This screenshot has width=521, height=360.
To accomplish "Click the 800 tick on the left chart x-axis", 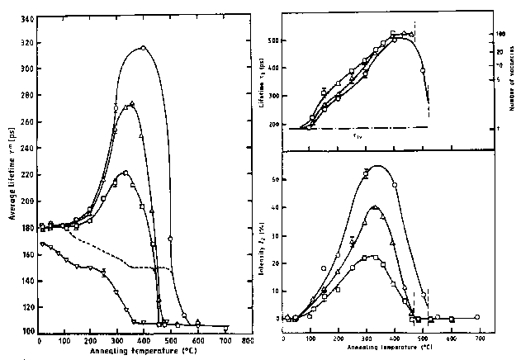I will point(246,340).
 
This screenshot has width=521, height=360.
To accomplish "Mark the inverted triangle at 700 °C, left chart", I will point(225,329).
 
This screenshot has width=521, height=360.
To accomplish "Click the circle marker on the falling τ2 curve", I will point(423,71).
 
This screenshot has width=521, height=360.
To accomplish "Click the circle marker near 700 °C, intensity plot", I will point(477,317).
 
